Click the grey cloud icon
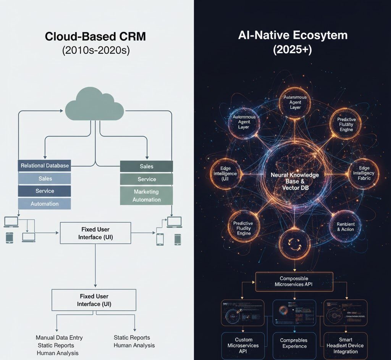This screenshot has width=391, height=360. click(x=95, y=104)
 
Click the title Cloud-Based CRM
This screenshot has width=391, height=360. click(x=95, y=37)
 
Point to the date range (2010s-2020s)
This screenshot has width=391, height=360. click(x=95, y=51)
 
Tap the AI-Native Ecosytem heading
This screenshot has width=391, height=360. click(x=292, y=35)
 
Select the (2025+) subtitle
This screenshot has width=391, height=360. click(x=292, y=50)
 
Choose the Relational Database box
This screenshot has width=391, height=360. click(x=45, y=166)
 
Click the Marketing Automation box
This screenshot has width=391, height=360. click(x=147, y=196)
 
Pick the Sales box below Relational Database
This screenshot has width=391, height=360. click(x=45, y=178)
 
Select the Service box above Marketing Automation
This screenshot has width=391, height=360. click(x=147, y=179)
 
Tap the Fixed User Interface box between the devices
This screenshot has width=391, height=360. click(x=95, y=233)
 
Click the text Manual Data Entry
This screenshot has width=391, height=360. click(x=59, y=337)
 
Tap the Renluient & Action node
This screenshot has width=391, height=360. click(x=346, y=227)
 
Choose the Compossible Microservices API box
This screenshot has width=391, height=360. click(x=294, y=281)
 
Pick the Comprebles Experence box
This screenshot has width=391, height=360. click(x=294, y=343)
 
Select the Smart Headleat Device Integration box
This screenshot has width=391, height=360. click(x=345, y=346)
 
